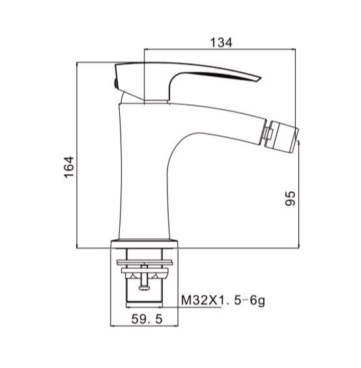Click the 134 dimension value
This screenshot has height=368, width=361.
[221, 42]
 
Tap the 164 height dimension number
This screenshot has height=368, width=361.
[69, 167]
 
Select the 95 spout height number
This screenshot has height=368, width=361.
[291, 198]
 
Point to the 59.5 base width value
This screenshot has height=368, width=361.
[147, 319]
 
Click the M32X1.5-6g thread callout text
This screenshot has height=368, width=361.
[223, 301]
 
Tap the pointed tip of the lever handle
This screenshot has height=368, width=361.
[260, 78]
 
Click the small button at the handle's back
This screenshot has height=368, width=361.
[115, 83]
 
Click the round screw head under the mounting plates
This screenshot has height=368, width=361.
[144, 288]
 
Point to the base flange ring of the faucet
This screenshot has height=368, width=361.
[144, 243]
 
